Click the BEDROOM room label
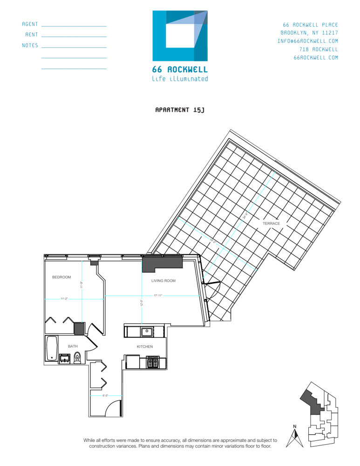click(x=61, y=277)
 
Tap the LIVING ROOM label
click(x=163, y=281)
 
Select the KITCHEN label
click(x=144, y=347)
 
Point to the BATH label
click(x=73, y=346)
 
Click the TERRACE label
click(x=271, y=224)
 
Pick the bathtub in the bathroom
click(x=51, y=348)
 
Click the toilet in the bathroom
click(x=78, y=358)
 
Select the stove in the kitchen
click(x=153, y=362)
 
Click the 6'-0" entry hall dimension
click(x=105, y=396)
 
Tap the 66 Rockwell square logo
click(x=180, y=36)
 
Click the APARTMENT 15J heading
click(x=180, y=110)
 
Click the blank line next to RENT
click(x=74, y=36)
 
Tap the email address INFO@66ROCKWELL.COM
click(x=308, y=41)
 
